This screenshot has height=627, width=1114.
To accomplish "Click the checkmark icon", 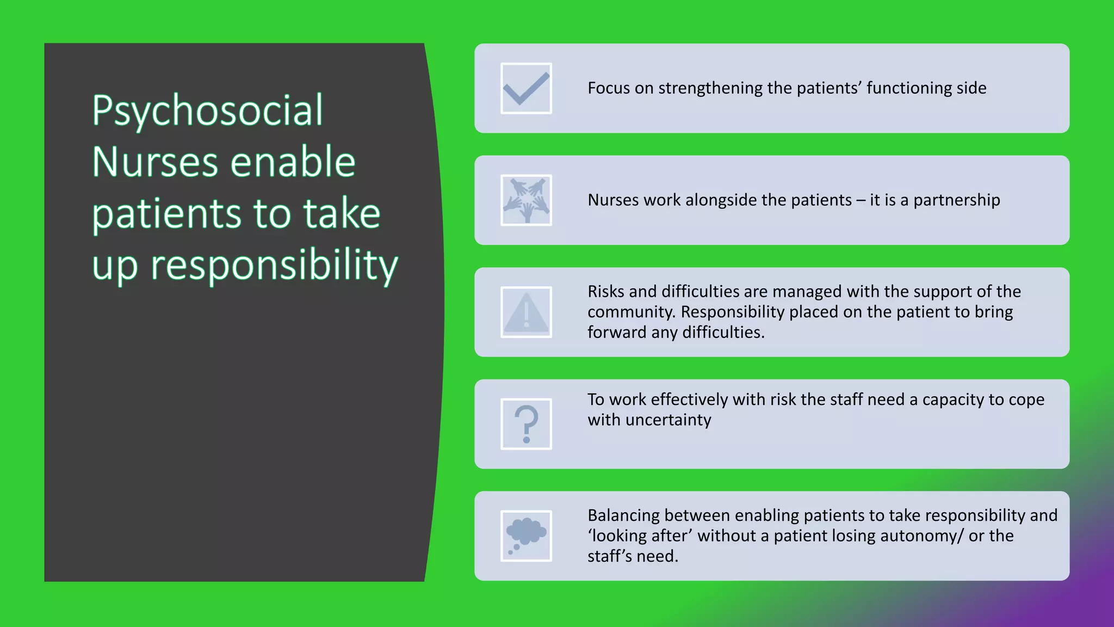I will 526,88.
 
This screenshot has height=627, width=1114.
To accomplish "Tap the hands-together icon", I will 526,200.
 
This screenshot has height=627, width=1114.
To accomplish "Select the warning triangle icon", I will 526,312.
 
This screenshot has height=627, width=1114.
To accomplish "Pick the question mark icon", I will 526,424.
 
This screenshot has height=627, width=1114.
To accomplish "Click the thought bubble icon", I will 526,536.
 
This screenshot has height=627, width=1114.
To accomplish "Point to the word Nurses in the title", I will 154,162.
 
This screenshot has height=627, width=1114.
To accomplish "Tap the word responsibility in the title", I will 274,266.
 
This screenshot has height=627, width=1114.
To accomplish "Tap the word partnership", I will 956,200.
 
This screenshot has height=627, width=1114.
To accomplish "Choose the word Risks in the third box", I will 605,292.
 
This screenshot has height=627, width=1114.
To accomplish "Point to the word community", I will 632,312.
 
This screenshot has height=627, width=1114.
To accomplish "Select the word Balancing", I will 623,515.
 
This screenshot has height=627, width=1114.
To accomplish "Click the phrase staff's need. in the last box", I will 633,556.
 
